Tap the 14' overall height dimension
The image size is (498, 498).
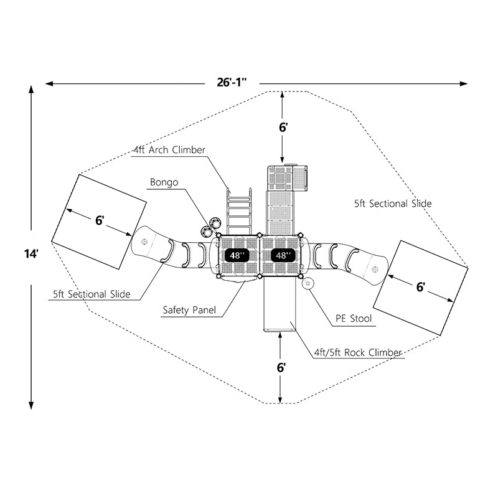click(31, 254)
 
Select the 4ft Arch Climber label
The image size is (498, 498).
click(169, 150)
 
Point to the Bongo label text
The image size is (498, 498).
click(164, 182)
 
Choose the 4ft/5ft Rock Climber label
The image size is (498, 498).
click(357, 352)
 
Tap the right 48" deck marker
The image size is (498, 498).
click(281, 255)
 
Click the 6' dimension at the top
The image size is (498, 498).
click(283, 127)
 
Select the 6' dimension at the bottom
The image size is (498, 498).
click(282, 367)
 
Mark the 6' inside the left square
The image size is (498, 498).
click(100, 220)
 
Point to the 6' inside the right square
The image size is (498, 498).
click(421, 287)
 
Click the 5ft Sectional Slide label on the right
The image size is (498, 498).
click(393, 204)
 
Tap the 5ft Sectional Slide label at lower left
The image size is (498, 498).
click(92, 294)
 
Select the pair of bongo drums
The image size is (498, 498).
click(212, 223)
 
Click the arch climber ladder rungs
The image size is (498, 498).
click(238, 212)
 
